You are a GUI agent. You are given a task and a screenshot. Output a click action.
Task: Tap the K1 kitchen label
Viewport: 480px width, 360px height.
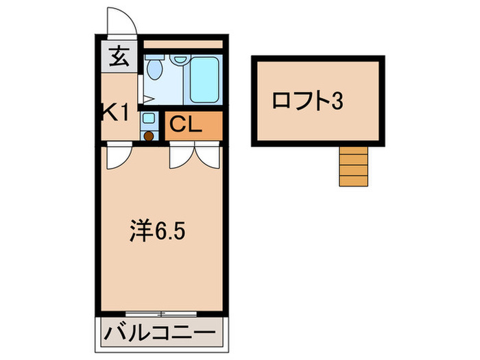point(116,112)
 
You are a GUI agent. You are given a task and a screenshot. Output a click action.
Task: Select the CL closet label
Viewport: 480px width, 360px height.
point(185,125)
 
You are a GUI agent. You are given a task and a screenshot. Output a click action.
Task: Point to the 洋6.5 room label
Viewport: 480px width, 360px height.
point(157,230)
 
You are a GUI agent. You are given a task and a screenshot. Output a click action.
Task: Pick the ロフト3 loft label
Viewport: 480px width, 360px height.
point(307,102)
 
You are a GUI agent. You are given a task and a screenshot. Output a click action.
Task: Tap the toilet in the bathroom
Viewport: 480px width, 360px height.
point(154,68)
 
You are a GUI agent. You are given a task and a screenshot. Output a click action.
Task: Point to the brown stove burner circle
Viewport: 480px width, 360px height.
point(149,135)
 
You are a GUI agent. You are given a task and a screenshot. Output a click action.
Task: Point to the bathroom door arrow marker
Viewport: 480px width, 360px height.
point(148,99)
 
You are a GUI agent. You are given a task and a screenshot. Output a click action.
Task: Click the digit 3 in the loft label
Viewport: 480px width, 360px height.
point(337,102)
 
